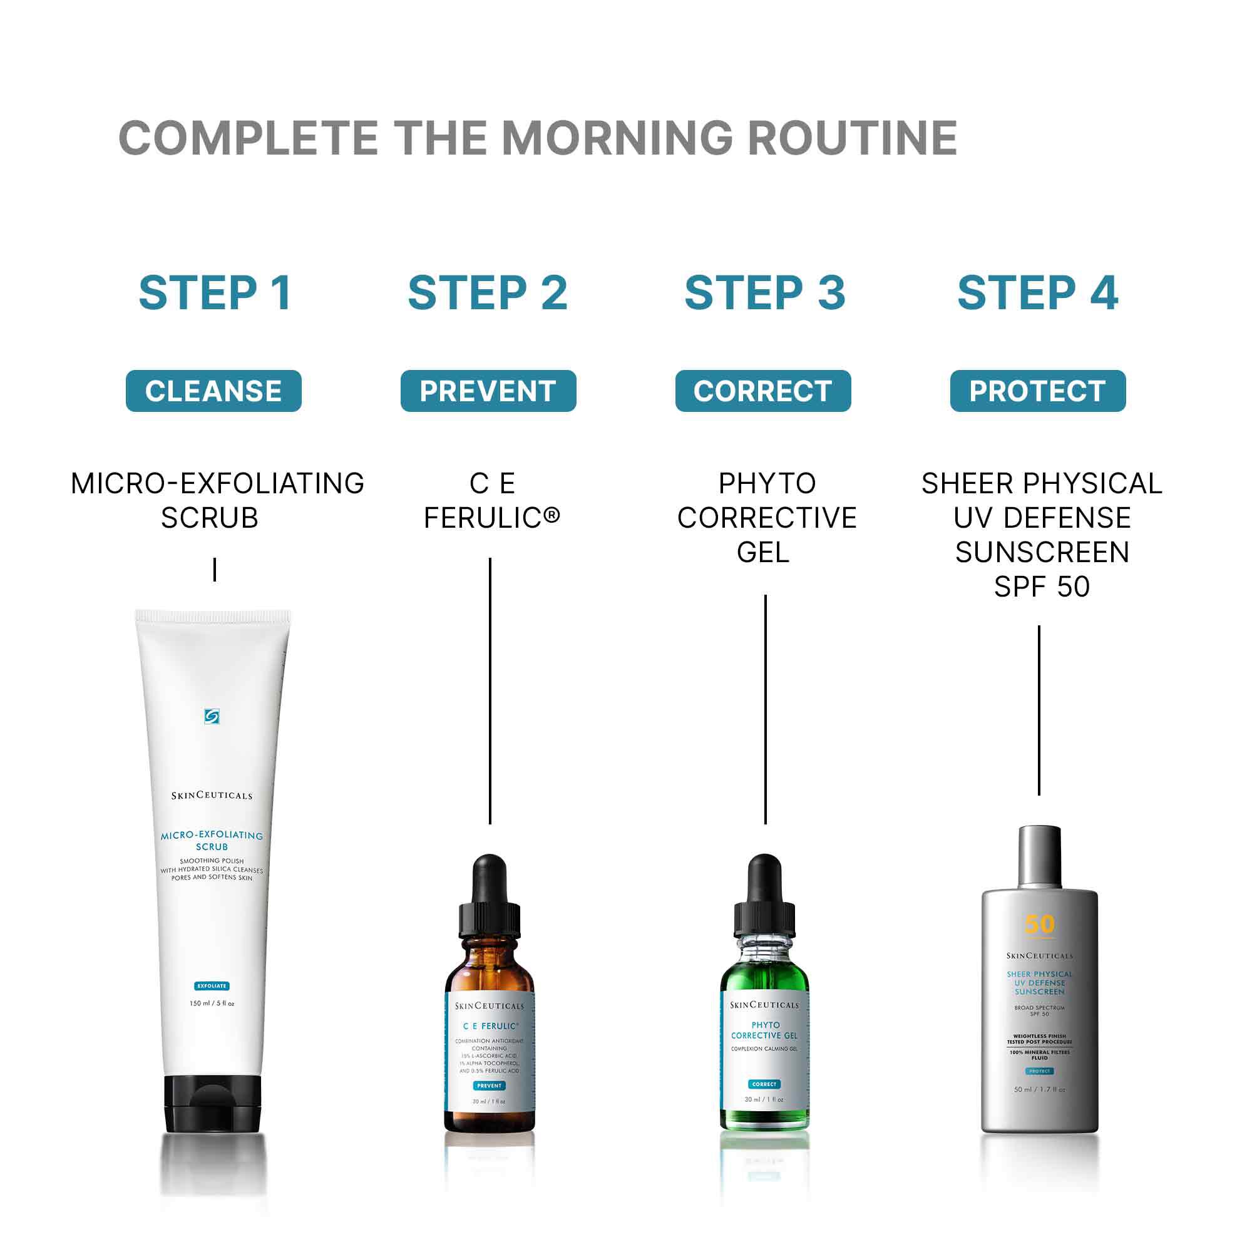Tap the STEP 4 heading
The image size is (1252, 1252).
pos(1037,293)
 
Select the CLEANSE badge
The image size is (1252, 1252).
pos(213,391)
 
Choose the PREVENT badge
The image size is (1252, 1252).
pos(488,391)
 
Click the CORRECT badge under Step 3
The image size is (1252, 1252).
pos(762,391)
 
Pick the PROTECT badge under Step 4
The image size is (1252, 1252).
pos(1037,391)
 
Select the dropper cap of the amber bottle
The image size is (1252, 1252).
pos(490,898)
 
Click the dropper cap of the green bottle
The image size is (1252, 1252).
pos(765,898)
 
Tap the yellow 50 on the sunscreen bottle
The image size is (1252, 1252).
pos(1039,924)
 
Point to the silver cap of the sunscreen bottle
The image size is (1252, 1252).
pos(1039,855)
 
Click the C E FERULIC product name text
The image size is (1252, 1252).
pos(491,500)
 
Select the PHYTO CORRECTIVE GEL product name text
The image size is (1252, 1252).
pos(767,517)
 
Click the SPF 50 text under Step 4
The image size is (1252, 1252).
pos(1042,587)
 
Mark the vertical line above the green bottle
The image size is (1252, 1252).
pos(766,709)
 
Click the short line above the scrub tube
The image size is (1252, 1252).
pos(215,570)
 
